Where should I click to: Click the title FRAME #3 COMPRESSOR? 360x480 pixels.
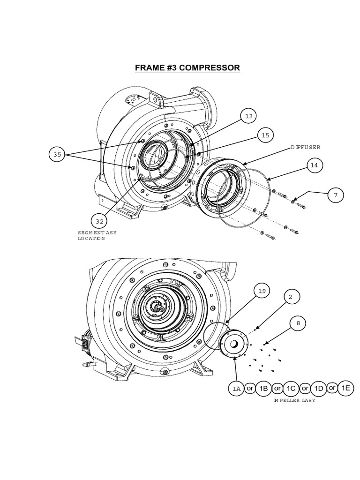(x=187, y=67)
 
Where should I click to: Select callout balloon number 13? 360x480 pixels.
(x=249, y=116)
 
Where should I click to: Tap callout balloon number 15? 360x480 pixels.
(x=266, y=135)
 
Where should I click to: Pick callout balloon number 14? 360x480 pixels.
(x=315, y=165)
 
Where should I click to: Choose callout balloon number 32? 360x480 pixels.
(x=99, y=220)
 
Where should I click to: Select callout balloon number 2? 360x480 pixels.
(x=291, y=297)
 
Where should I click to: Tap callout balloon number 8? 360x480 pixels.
(x=298, y=323)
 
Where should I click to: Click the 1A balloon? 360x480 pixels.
(x=236, y=389)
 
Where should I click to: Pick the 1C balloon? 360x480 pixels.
(x=291, y=388)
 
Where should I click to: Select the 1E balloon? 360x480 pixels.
(x=346, y=388)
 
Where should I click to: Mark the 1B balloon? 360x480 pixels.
(x=263, y=388)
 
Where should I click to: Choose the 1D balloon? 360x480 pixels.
(x=319, y=388)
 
